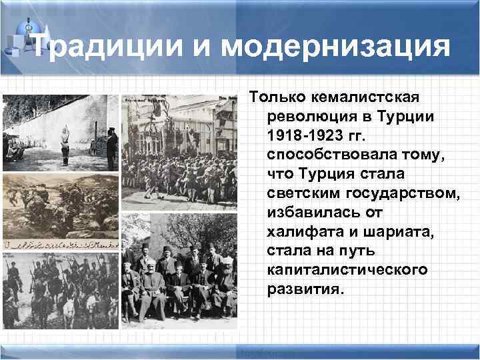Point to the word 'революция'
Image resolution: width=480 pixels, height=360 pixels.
[306, 117]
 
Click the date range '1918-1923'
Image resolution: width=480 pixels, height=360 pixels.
[307, 136]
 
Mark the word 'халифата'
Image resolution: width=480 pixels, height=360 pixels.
[301, 231]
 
